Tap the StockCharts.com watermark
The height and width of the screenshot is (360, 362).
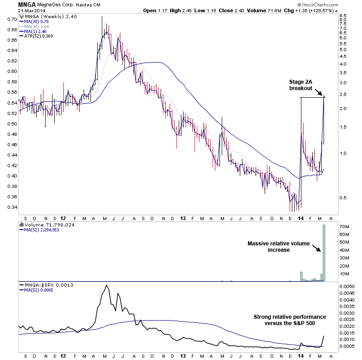click(x=340, y=5)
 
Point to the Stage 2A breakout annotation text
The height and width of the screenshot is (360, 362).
click(x=300, y=85)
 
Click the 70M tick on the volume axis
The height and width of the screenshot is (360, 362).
click(x=344, y=226)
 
